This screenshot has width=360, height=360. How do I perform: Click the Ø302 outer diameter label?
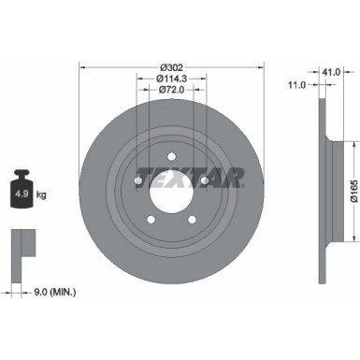coord(171,66)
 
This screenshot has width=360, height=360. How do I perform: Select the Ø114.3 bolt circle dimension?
coord(171,78)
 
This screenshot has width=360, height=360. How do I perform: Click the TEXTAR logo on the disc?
coord(191,176)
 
